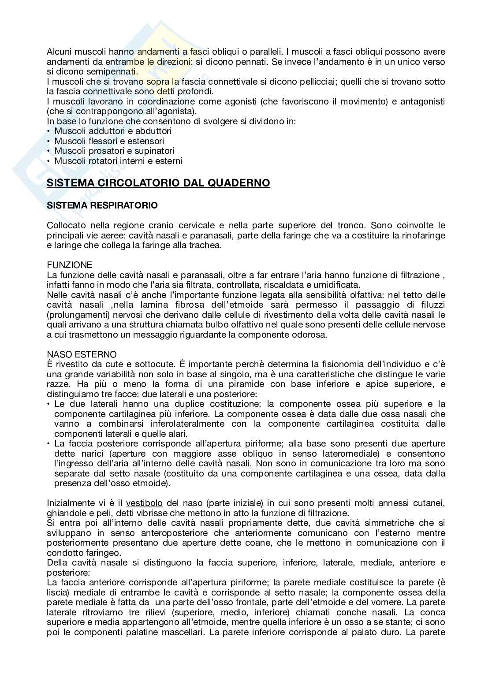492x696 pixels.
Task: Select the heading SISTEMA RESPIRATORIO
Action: tap(102, 205)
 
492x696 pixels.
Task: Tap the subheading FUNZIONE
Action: tap(70, 265)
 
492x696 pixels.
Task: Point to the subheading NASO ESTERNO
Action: tap(82, 354)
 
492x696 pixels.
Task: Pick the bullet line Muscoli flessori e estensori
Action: tap(109, 141)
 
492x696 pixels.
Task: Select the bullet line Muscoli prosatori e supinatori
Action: tap(114, 151)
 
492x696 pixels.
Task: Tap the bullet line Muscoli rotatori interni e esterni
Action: tap(118, 161)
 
